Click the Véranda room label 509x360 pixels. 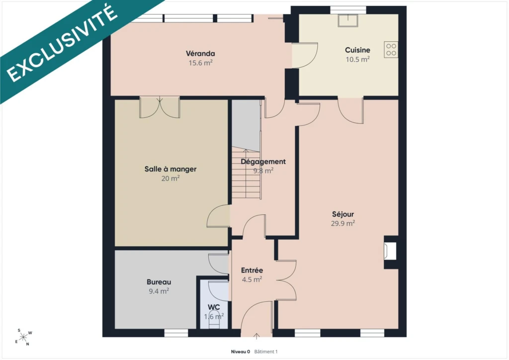pos(200,53)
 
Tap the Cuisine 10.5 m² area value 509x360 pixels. pos(357,59)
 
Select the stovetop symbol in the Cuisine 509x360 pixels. pos(391,50)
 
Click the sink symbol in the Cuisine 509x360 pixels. pos(348,20)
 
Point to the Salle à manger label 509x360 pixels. pos(170,169)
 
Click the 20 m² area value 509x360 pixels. pos(170,178)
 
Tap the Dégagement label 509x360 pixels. pos(263,162)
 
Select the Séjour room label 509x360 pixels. pos(343,214)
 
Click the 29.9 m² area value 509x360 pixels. pos(343,223)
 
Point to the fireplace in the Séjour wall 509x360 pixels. pos(390,251)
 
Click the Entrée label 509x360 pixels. pos(252,270)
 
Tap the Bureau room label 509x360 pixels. pos(159,282)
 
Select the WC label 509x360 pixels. pos(214,307)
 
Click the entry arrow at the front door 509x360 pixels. pos(256,336)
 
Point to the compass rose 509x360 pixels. pos(23,338)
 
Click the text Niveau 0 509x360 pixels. pos(240,352)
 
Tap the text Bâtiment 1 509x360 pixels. pos(266,352)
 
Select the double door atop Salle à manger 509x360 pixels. pos(160,107)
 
